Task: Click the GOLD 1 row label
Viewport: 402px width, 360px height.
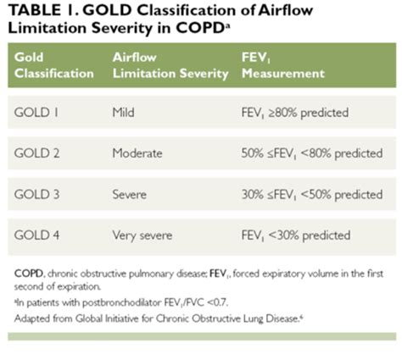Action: point(36,113)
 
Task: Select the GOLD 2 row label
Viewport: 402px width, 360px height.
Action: point(36,153)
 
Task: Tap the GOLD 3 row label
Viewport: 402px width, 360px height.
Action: point(36,194)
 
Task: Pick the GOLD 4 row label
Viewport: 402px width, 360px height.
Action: point(36,235)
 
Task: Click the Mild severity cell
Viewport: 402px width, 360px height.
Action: point(123,113)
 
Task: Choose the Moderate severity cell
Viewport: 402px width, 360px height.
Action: point(137,153)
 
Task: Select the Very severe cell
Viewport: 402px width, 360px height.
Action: point(142,235)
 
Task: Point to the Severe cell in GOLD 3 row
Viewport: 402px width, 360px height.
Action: point(130,194)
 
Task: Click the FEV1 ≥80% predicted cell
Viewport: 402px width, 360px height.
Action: point(295,113)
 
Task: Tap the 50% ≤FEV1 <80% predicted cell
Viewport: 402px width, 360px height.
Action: point(312,154)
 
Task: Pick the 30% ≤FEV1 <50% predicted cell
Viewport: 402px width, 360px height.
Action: point(312,195)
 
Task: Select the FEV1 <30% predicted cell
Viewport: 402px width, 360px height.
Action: point(296,235)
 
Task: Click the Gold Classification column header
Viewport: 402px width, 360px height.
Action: point(54,65)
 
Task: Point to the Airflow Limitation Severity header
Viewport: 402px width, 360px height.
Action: point(170,66)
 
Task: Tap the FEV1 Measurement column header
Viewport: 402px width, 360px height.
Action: point(283,65)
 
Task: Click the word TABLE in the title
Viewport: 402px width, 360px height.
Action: point(35,10)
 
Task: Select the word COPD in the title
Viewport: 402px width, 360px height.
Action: point(200,28)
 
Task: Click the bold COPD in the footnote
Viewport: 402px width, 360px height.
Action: point(29,274)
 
